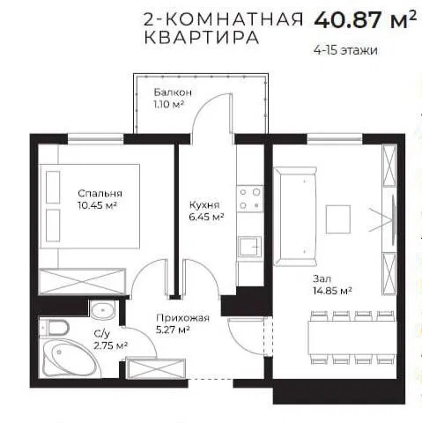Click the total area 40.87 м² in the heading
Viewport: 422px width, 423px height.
[366, 19]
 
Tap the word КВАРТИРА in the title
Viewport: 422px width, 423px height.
[203, 38]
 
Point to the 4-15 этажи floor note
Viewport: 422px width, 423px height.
[345, 50]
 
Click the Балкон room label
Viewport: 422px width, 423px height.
[173, 93]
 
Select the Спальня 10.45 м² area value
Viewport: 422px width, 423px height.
[98, 205]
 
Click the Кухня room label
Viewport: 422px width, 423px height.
[204, 204]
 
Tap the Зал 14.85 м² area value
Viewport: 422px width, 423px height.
[333, 291]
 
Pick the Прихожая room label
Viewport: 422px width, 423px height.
[182, 318]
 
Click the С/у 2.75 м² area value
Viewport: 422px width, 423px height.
[110, 345]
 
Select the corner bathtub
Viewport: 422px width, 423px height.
[70, 359]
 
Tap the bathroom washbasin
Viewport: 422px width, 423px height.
[102, 310]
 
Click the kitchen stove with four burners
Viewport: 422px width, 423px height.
[250, 198]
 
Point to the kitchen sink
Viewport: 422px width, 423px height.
[250, 247]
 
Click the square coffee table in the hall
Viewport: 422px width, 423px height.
[338, 219]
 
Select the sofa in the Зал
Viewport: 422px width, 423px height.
[295, 217]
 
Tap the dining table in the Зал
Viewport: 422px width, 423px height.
[352, 338]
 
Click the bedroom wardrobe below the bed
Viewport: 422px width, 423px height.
[82, 281]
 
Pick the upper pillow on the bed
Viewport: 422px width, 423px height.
[53, 187]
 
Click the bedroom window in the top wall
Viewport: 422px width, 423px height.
[96, 139]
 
